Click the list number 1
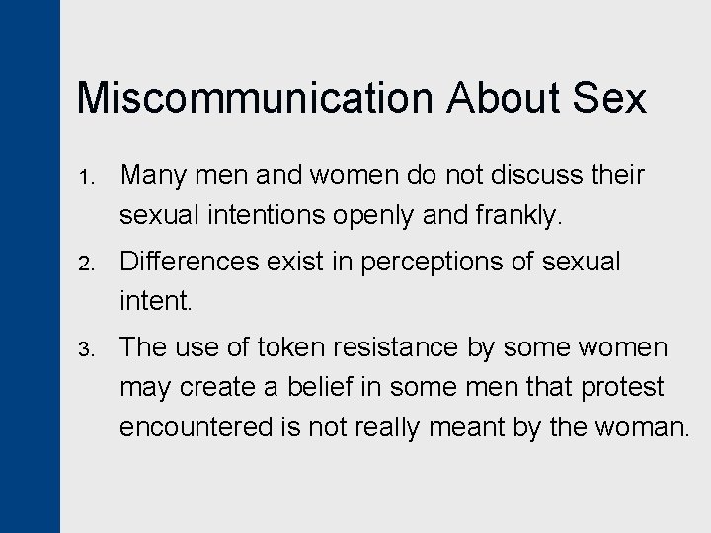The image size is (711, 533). tap(86, 178)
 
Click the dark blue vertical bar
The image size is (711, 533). tap(30, 266)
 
